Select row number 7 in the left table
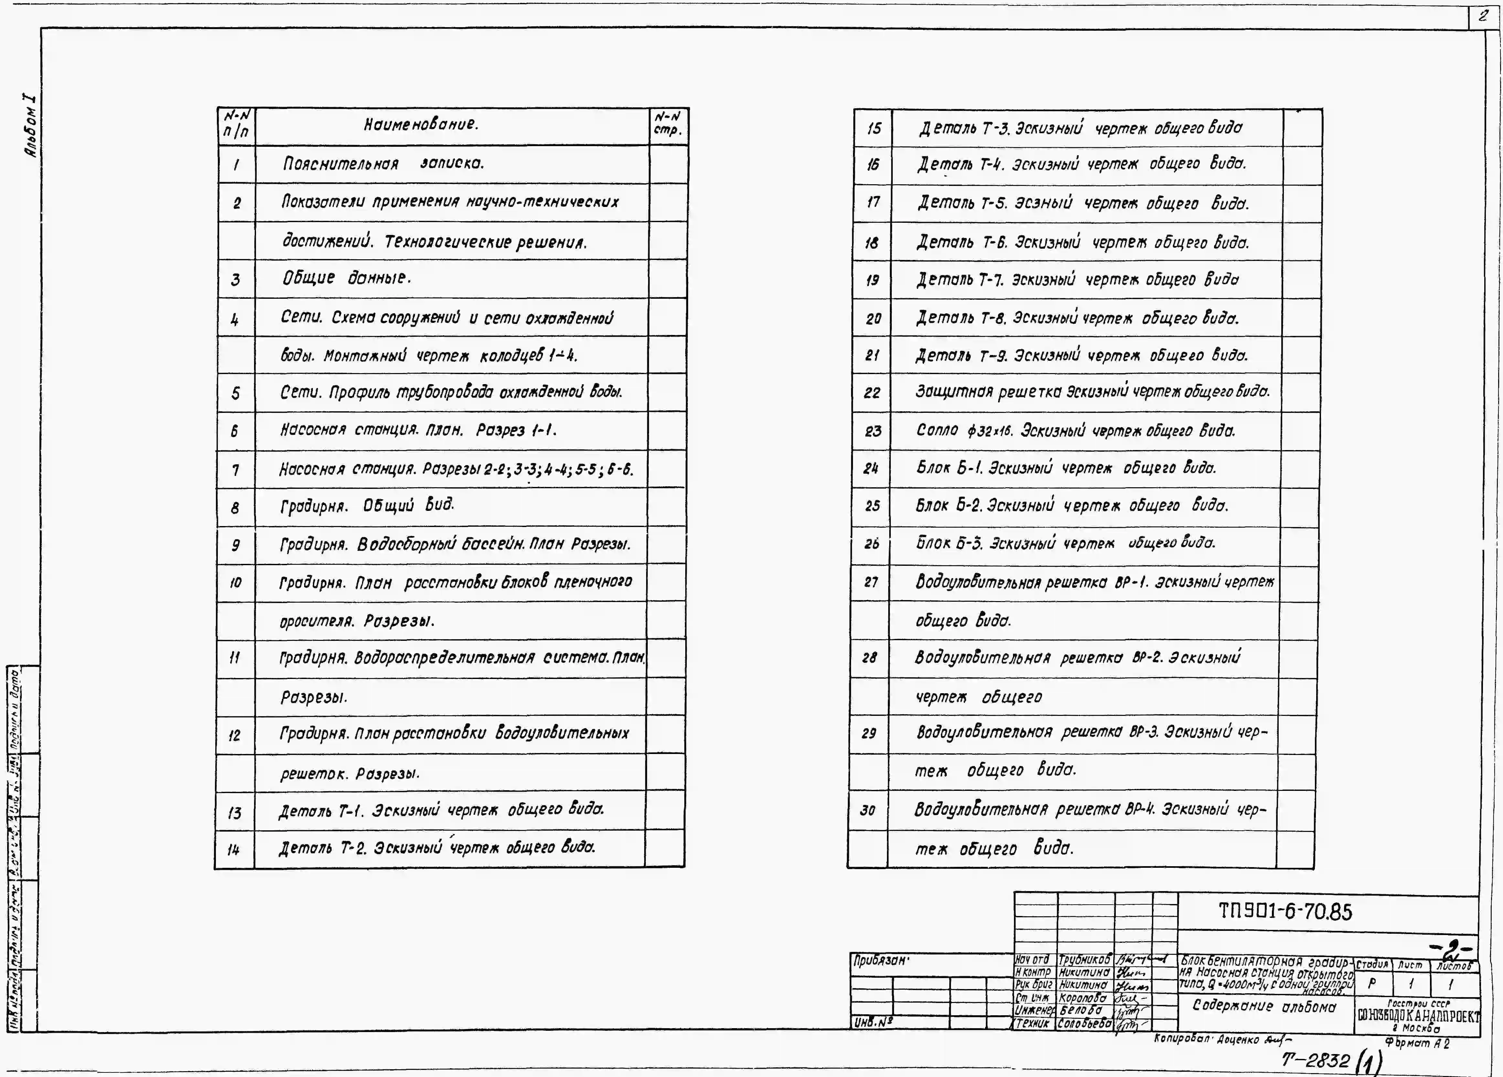click(x=235, y=470)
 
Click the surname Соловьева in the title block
click(x=1084, y=1023)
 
